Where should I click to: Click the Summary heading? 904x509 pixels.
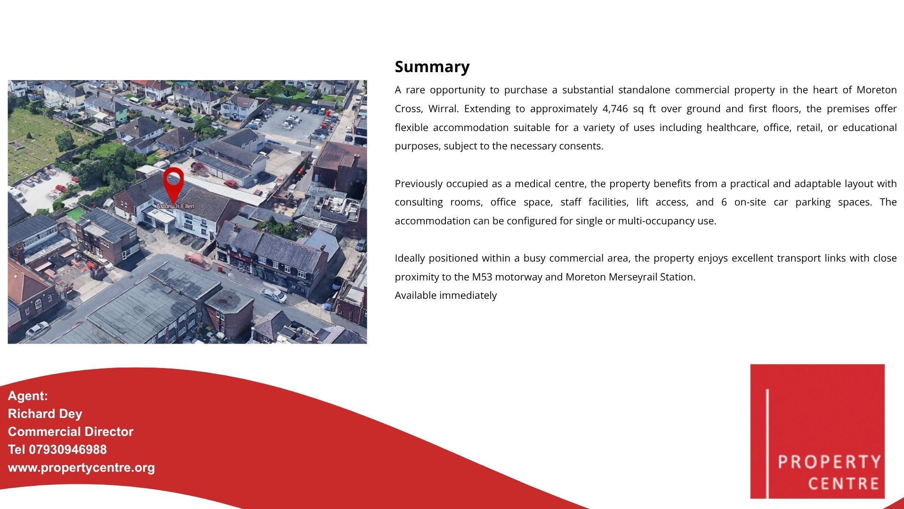[432, 67]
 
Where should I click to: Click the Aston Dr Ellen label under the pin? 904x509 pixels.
[175, 206]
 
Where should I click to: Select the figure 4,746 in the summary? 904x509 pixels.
[615, 109]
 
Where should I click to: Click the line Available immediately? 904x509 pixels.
[445, 296]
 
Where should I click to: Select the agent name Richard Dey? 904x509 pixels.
[45, 414]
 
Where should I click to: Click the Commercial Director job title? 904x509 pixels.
[71, 432]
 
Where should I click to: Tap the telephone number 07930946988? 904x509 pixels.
[68, 450]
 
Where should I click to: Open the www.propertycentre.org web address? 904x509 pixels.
[81, 468]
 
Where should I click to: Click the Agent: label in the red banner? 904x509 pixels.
[28, 396]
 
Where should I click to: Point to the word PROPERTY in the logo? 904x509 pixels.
[829, 462]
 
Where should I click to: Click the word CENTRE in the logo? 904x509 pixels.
[844, 484]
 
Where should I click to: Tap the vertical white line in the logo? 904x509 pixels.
[767, 443]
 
